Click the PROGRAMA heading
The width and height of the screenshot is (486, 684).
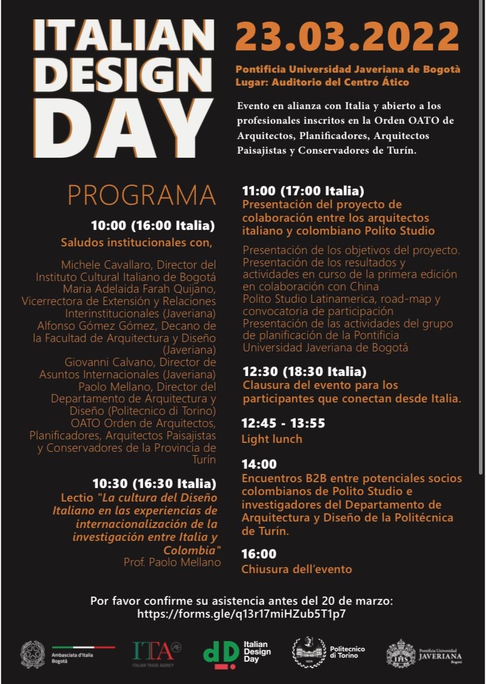click(141, 196)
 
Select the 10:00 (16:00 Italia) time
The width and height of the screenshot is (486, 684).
click(153, 226)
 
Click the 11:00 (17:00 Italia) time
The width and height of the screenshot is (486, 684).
click(303, 191)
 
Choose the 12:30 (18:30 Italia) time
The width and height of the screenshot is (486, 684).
click(304, 371)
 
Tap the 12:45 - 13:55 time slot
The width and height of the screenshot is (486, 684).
click(283, 423)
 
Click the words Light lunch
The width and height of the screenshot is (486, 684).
click(272, 439)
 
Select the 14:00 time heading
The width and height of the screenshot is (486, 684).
click(259, 464)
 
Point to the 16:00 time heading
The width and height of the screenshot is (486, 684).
click(259, 554)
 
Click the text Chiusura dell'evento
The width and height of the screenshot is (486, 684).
click(296, 569)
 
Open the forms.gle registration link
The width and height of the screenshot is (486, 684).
click(241, 614)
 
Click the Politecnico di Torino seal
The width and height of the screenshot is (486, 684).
click(309, 652)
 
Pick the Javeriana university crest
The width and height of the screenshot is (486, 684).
click(400, 653)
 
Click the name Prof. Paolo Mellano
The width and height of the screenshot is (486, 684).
click(172, 562)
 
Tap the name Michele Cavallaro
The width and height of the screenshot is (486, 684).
click(101, 265)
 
